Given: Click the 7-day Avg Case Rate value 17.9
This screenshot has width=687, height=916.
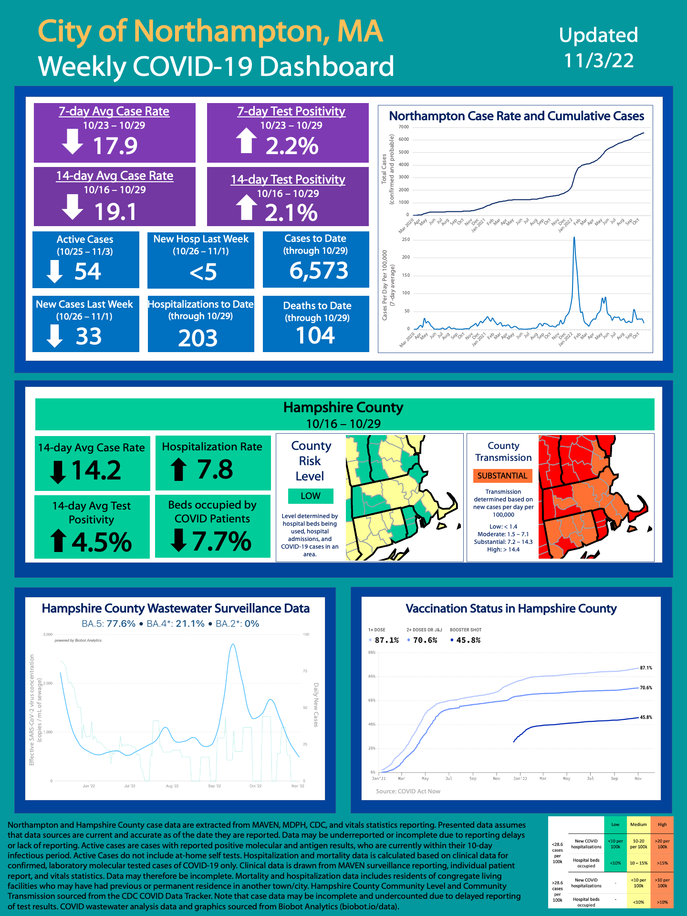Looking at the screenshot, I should coord(115,146).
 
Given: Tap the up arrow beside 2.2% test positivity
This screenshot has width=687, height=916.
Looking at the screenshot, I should coord(246,141).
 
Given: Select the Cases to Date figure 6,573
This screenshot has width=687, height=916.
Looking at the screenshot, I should coord(319,271).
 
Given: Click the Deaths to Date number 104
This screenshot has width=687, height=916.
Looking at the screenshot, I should coord(315,335).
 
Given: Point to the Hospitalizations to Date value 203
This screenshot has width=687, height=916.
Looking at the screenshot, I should coord(198,338).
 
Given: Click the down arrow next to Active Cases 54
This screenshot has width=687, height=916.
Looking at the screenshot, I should coord(54,271).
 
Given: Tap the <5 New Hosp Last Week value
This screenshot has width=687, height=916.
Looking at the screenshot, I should coord(203,272).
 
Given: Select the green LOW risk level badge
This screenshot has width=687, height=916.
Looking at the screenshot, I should coord(311,496).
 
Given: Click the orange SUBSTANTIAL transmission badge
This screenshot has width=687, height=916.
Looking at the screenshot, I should coord(502,476).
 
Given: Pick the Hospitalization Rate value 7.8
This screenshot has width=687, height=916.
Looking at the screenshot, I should coord(215,469).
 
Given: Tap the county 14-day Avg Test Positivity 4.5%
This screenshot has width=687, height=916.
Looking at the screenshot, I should coord(102,542).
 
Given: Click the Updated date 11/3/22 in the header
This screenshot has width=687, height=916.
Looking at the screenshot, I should coord(599,61).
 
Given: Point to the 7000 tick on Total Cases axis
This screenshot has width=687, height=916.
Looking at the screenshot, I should coord(404,127).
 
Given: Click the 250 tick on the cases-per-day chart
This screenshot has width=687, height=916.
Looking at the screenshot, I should coord(406,239).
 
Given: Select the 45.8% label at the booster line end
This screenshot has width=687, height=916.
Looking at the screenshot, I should coord(646,717).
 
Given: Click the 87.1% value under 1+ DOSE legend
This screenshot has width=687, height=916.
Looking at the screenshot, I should coord(386,640).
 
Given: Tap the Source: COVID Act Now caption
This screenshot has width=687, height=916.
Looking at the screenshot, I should coord(408,791).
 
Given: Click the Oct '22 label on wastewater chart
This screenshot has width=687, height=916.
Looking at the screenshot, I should coord(255,786).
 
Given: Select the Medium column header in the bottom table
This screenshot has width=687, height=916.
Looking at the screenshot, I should coord(638,824).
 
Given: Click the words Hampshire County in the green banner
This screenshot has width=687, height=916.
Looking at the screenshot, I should coord(343,407).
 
